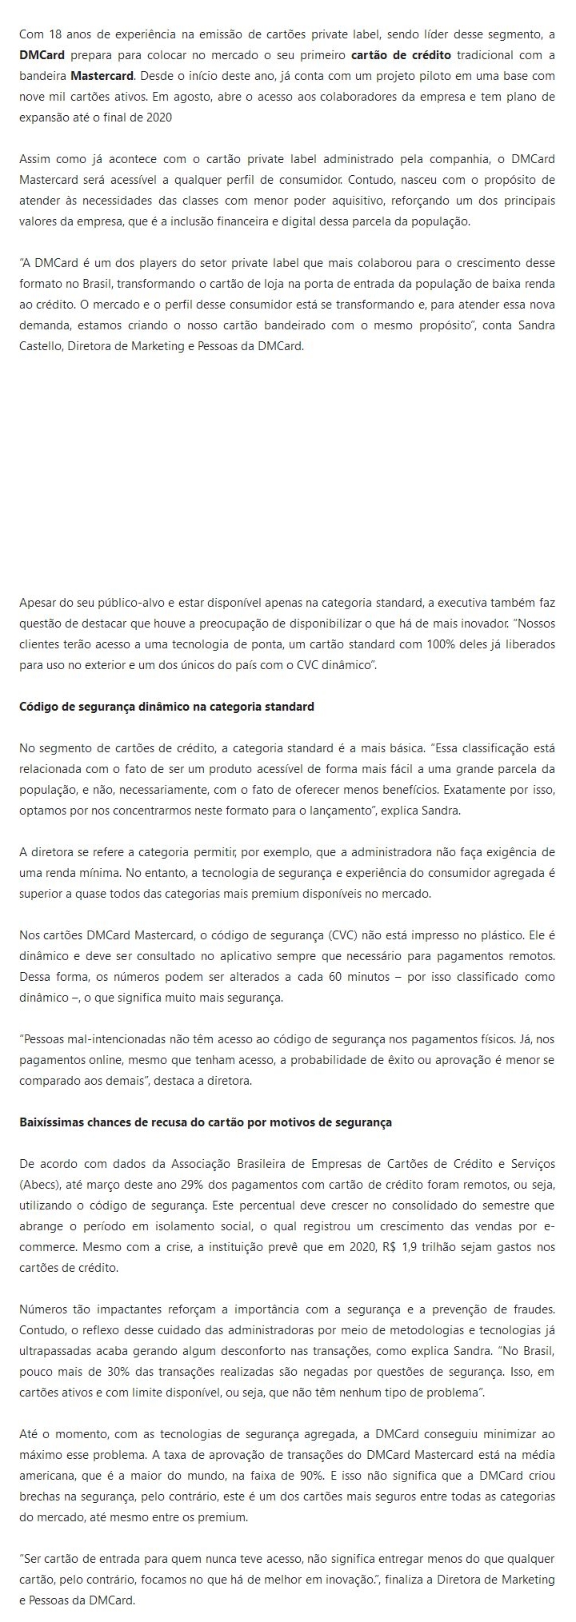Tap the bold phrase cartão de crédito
point(401,55)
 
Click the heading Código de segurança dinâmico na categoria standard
point(166,707)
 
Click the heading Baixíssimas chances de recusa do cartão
point(206,1122)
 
